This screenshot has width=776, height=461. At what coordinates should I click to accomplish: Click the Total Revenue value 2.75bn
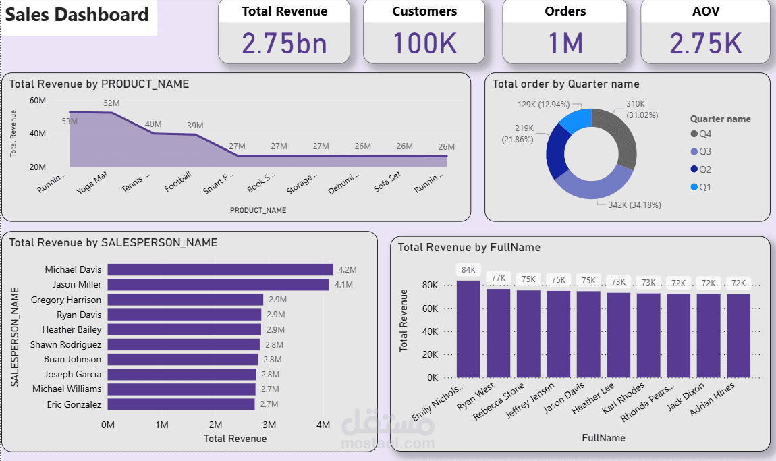pyautogui.click(x=284, y=44)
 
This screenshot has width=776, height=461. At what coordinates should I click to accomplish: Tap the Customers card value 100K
pyautogui.click(x=424, y=44)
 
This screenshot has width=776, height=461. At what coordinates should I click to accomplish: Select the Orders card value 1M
pyautogui.click(x=565, y=44)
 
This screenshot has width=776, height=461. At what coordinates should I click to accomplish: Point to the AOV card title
pyautogui.click(x=705, y=11)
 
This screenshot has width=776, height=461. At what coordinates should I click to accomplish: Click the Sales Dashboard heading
pyautogui.click(x=78, y=15)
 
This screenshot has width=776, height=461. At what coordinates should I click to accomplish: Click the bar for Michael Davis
pyautogui.click(x=220, y=270)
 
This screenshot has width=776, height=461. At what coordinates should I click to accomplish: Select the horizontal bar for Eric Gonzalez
pyautogui.click(x=181, y=404)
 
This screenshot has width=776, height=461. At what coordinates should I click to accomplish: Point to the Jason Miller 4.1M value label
pyautogui.click(x=343, y=285)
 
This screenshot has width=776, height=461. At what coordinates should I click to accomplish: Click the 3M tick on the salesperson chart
pyautogui.click(x=269, y=425)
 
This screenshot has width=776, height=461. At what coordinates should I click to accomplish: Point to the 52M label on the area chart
pyautogui.click(x=111, y=103)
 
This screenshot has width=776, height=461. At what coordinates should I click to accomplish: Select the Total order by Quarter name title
pyautogui.click(x=565, y=84)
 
